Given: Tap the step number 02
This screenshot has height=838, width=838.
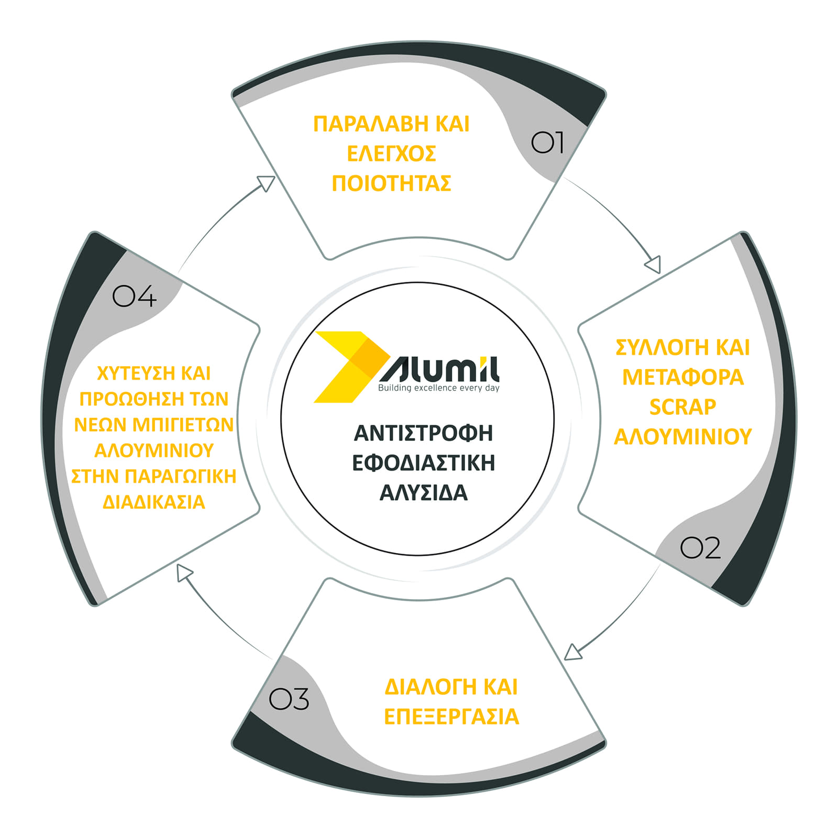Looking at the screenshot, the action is (700, 548).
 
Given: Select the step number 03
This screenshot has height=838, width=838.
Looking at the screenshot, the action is (289, 699).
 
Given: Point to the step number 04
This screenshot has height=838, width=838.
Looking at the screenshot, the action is (135, 296).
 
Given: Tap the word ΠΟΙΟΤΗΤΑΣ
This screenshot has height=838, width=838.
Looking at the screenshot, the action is (391, 183).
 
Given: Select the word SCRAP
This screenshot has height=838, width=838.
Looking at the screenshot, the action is (682, 407).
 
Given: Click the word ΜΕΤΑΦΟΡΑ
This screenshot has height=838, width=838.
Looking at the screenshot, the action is (683, 377).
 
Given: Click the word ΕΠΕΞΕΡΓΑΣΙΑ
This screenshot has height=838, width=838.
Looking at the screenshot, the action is (451, 716).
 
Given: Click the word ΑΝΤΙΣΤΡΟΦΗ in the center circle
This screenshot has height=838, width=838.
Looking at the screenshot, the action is (424, 433).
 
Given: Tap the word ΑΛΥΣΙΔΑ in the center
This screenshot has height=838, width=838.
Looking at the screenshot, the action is (423, 493).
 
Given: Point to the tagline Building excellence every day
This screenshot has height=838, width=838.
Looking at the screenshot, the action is (439, 388).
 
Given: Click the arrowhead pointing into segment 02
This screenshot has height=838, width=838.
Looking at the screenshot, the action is (653, 265).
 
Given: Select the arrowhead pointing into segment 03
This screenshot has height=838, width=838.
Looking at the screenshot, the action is (573, 652).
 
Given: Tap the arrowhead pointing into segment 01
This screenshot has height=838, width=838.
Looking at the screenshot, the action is (267, 183).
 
